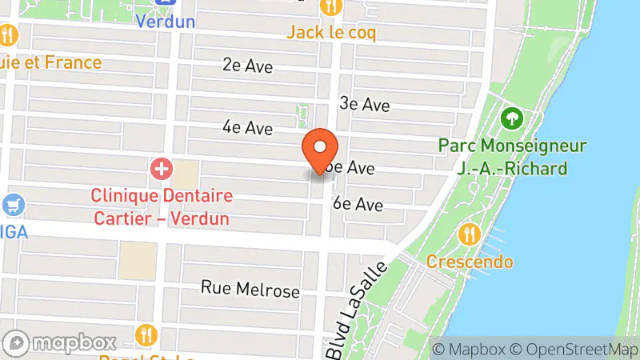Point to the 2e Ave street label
[x=248, y=66]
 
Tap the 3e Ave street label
[x=364, y=104]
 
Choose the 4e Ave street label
[x=248, y=127]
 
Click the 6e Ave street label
[x=358, y=204]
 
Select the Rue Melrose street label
[x=250, y=289]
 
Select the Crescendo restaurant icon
[x=470, y=234]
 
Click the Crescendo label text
[x=470, y=262]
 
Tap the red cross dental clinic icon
[x=162, y=169]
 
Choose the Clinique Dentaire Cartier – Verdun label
[x=161, y=206]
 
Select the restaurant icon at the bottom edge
[x=146, y=335]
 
